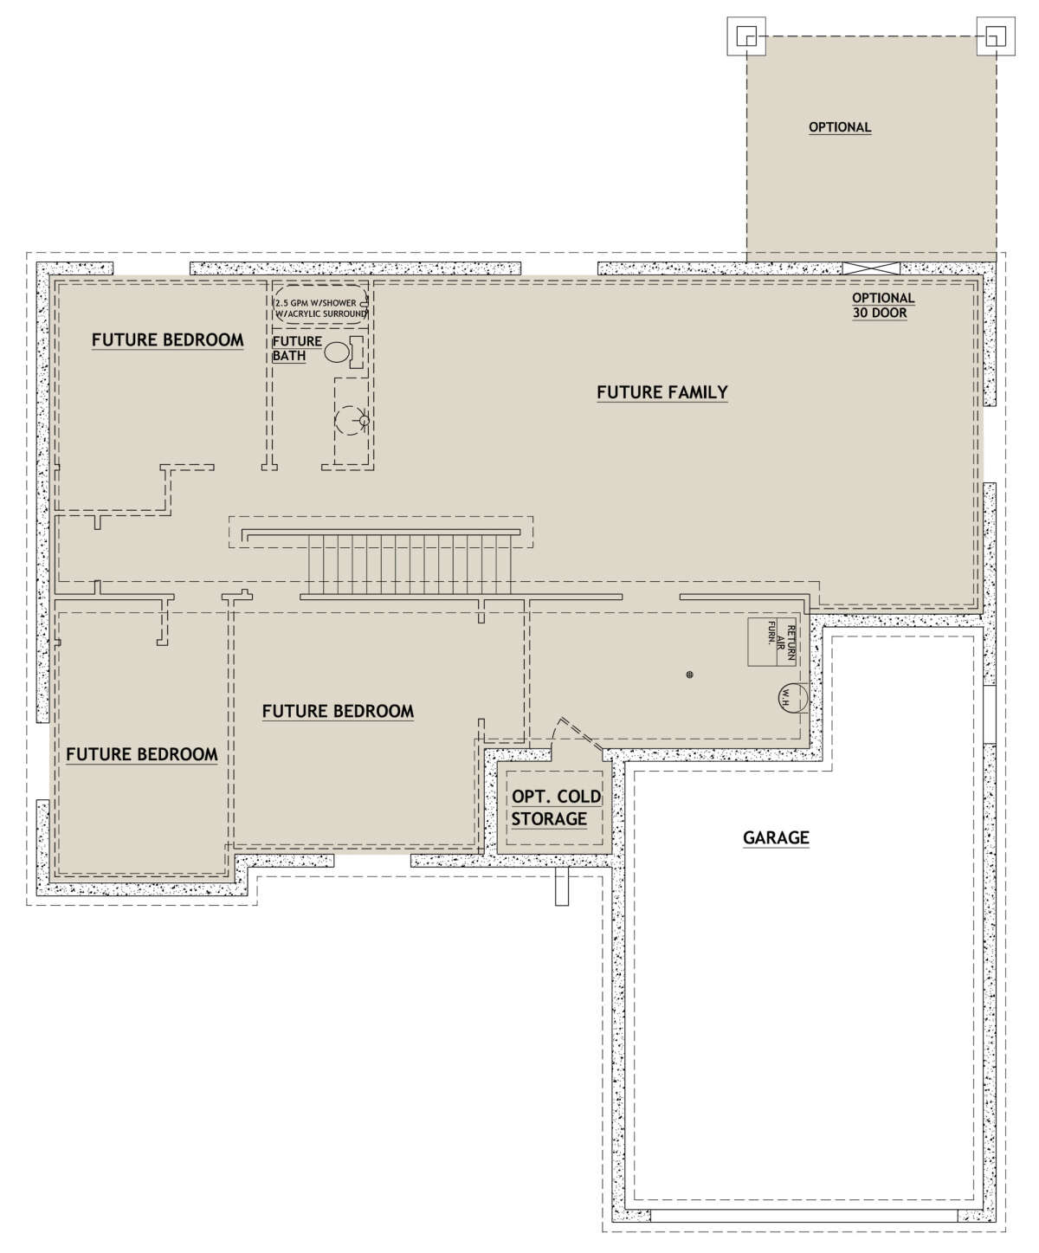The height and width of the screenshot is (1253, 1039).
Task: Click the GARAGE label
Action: pos(776,837)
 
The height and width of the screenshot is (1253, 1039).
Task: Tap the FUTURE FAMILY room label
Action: pos(661,392)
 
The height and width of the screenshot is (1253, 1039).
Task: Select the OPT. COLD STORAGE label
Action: pos(556,808)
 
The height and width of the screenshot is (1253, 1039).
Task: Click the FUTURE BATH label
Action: pos(297,348)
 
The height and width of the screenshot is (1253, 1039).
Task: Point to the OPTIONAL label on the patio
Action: pos(839,127)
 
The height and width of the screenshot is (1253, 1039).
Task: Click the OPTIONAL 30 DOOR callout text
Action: pos(882,306)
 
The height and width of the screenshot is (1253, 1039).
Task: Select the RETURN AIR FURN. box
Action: pos(771,642)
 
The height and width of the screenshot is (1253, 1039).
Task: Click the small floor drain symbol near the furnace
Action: pos(689,675)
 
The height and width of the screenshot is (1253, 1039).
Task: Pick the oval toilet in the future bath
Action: pos(336,352)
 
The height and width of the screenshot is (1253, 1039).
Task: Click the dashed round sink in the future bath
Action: pos(351,421)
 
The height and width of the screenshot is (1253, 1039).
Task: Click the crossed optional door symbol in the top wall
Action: pos(871,268)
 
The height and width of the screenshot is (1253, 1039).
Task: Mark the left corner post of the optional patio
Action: pos(746,36)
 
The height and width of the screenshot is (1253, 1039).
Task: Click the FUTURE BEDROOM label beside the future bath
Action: pos(167,339)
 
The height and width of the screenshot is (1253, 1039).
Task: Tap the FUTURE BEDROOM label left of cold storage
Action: pos(338,711)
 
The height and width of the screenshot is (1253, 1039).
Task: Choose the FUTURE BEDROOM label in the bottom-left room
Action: pos(141,754)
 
